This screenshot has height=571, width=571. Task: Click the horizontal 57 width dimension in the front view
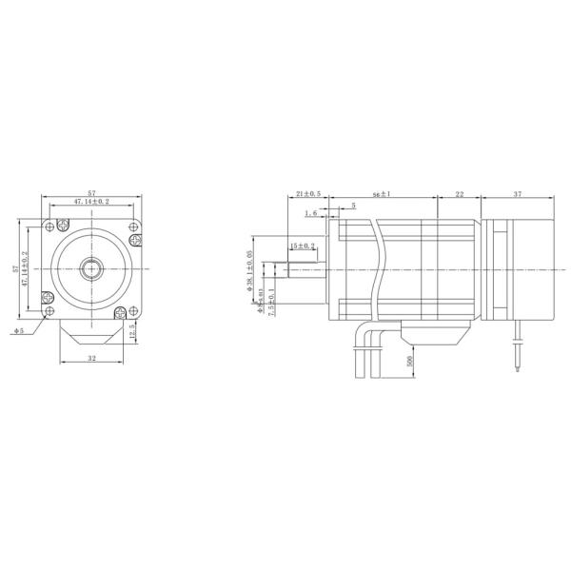pos(92,192)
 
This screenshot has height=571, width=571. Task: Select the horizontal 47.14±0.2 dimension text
pos(92,202)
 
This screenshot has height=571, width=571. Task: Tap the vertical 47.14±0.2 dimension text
pos(26,268)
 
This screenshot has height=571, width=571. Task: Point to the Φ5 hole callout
pos(19,331)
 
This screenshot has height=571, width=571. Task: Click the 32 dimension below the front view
pos(91,359)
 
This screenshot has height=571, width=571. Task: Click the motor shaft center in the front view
pos(92,268)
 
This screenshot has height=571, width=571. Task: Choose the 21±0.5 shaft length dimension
pos(307,194)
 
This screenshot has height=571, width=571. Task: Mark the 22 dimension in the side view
pos(459,194)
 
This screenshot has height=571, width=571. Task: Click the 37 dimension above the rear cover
pos(517,194)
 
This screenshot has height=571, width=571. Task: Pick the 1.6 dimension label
pos(310,214)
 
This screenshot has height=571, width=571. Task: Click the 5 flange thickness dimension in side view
pos(353,205)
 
